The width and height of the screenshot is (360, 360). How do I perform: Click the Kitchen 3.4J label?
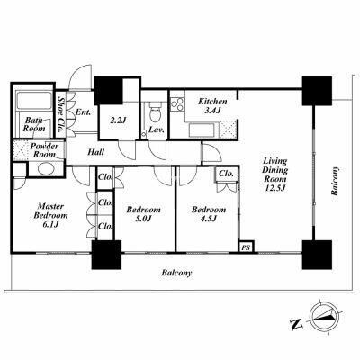(x=212, y=106)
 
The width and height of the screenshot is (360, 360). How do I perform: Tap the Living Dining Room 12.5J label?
(x=275, y=175)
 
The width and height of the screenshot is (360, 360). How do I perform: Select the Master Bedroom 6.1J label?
(x=50, y=215)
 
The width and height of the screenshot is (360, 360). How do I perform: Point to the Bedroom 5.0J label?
(x=143, y=214)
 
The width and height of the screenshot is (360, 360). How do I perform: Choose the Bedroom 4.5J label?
(x=209, y=214)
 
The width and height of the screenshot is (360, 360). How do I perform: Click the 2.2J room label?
(x=117, y=121)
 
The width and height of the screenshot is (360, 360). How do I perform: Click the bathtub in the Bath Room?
(x=34, y=101)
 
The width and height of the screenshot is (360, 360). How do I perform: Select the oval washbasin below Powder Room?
(x=46, y=168)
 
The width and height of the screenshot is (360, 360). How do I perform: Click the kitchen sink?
(x=202, y=130)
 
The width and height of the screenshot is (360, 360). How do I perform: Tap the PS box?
(x=247, y=247)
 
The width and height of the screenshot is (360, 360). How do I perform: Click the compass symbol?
(x=324, y=317)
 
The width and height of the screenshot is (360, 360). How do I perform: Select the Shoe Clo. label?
(x=61, y=115)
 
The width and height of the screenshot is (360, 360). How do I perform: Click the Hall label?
(x=96, y=152)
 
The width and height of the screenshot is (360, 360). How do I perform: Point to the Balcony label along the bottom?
(x=176, y=273)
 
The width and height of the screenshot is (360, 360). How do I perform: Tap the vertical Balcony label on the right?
(x=335, y=181)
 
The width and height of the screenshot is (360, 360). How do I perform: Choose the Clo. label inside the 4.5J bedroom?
(x=227, y=174)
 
